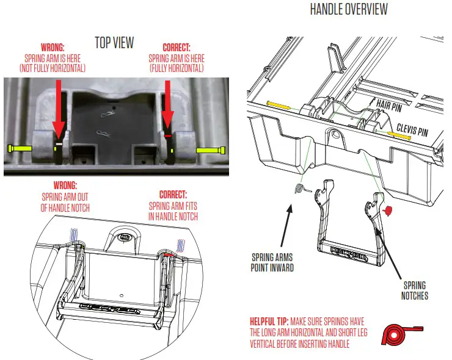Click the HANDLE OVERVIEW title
point(348,10)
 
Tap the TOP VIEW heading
point(114,42)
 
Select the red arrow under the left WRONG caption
point(59,110)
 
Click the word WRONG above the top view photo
point(54,47)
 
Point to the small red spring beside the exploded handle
point(385,211)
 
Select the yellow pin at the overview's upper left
point(279,105)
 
